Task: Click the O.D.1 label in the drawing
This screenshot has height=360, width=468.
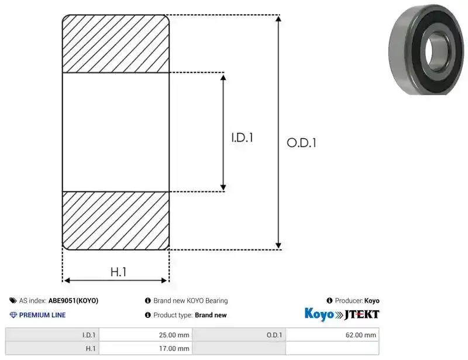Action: click(301, 143)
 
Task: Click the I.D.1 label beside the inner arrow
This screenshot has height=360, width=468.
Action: click(242, 138)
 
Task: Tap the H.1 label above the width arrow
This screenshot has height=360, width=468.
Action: click(119, 272)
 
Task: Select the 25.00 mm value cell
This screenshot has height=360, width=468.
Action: click(146, 335)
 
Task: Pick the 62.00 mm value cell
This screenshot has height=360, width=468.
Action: click(332, 335)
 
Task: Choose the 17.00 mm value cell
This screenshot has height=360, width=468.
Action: click(146, 348)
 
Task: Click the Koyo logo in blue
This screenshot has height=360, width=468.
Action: click(319, 314)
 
